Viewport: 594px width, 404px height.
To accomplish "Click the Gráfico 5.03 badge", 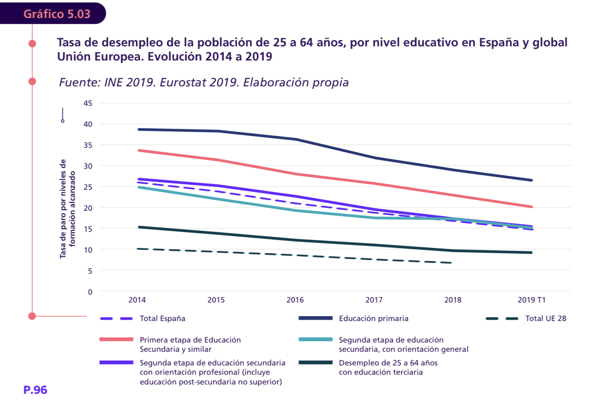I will pyautogui.click(x=57, y=14).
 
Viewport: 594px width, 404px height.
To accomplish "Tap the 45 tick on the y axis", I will pyautogui.click(x=88, y=103).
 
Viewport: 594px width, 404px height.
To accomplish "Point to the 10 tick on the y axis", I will pyautogui.click(x=88, y=249).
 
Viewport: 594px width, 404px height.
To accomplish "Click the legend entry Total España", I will pyautogui.click(x=162, y=319).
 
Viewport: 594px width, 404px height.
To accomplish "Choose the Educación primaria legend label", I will pyautogui.click(x=374, y=319).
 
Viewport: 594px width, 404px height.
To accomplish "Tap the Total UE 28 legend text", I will pyautogui.click(x=546, y=319).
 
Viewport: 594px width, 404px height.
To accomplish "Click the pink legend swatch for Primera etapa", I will pyautogui.click(x=116, y=340).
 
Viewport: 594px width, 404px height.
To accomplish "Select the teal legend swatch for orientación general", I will pyautogui.click(x=315, y=340).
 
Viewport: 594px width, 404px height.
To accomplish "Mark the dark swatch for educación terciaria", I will pyautogui.click(x=315, y=363).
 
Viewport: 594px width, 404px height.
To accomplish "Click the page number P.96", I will pyautogui.click(x=35, y=390).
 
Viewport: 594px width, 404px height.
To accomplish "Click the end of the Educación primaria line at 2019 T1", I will pyautogui.click(x=531, y=180).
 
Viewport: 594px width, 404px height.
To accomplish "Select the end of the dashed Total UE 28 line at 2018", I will pyautogui.click(x=452, y=263).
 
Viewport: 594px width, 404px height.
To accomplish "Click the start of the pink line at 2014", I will pyautogui.click(x=139, y=150).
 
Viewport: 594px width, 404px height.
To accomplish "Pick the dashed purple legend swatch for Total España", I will pyautogui.click(x=116, y=319).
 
